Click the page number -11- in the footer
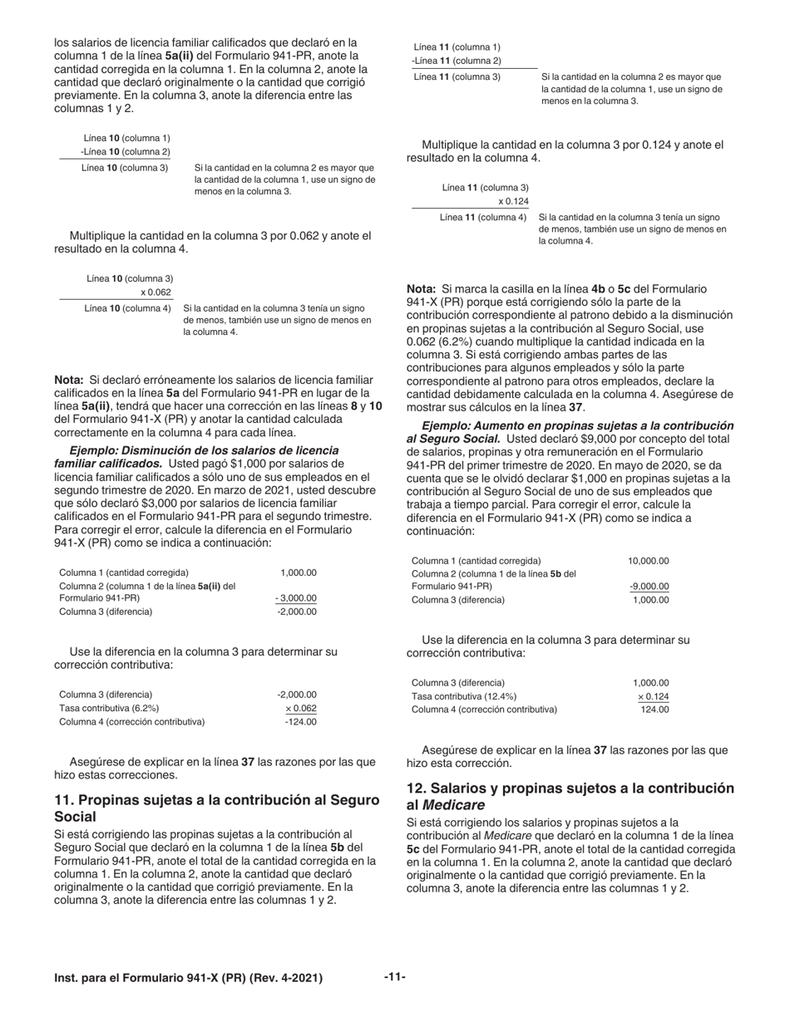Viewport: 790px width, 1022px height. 394,976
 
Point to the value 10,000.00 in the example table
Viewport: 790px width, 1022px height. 648,561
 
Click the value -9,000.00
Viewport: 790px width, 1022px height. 649,587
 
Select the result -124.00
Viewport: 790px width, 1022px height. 300,721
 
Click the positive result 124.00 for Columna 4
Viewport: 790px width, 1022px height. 654,710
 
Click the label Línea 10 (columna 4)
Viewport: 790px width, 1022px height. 128,308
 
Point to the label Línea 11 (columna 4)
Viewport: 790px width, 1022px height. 483,217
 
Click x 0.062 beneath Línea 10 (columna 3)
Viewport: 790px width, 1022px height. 156,292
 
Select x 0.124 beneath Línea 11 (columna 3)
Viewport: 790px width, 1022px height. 513,201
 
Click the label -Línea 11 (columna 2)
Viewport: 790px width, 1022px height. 456,61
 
